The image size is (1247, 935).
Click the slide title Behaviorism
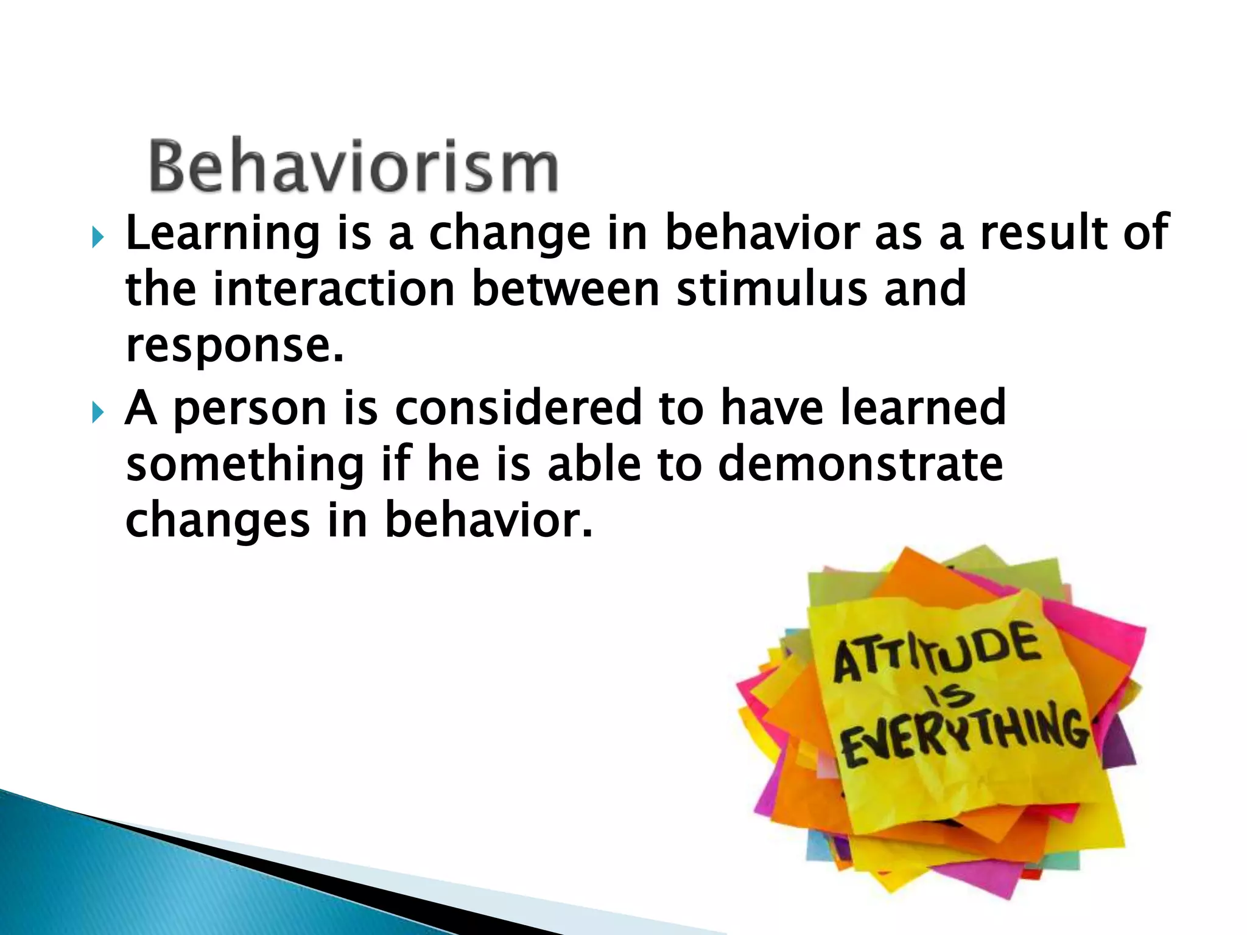coord(353,166)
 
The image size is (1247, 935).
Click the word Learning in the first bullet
coord(222,234)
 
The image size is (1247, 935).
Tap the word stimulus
coord(771,289)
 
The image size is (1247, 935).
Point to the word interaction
coord(334,289)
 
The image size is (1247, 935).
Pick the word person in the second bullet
coord(250,409)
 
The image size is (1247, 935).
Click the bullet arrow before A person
coord(98,413)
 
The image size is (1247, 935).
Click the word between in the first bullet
coord(566,289)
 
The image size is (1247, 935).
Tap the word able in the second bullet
coord(594,464)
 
